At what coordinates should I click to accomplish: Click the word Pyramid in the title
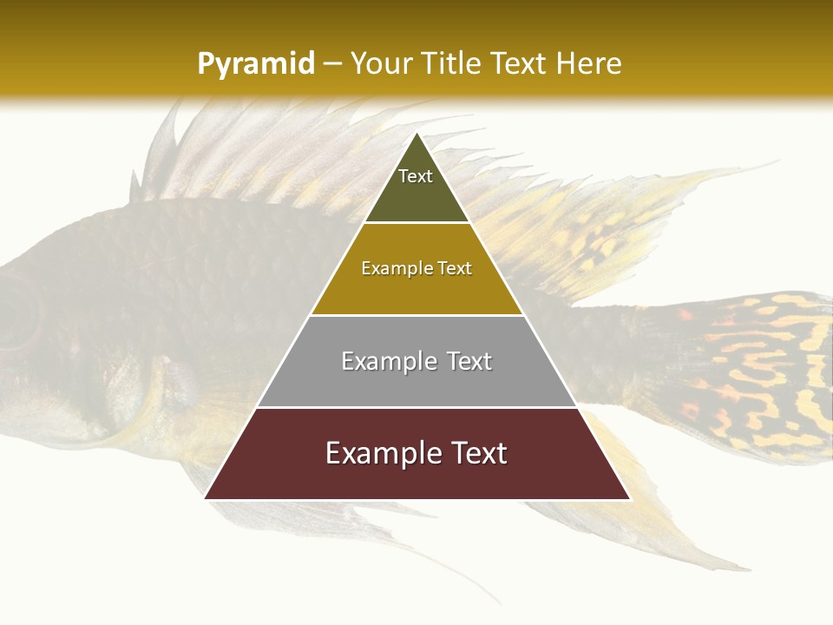(255, 63)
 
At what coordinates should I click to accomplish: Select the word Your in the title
(378, 63)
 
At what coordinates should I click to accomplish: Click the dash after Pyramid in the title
(332, 64)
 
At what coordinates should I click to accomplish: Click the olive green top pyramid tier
(416, 195)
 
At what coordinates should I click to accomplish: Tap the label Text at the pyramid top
(416, 176)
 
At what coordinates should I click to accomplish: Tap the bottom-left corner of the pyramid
(207, 497)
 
